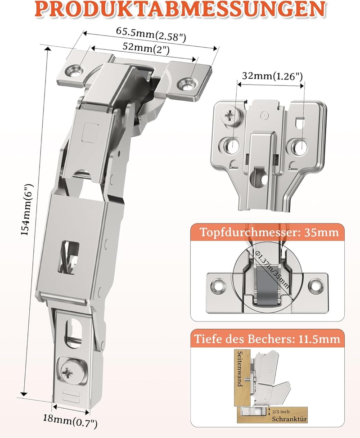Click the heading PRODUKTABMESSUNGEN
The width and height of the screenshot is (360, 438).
tap(180, 9)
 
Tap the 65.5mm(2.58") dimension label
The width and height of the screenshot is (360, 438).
tap(151, 35)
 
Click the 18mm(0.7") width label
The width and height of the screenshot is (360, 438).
tap(70, 421)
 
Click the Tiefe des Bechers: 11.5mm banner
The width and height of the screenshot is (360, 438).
tap(267, 339)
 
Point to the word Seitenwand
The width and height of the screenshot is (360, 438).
tap(240, 369)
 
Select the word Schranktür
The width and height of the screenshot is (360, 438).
tap(289, 419)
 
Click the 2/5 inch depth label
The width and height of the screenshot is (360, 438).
tap(281, 411)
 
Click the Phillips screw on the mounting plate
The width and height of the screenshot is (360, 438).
tap(231, 115)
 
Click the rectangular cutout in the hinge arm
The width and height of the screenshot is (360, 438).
tap(69, 257)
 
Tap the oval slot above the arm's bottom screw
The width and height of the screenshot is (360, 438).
tap(73, 333)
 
